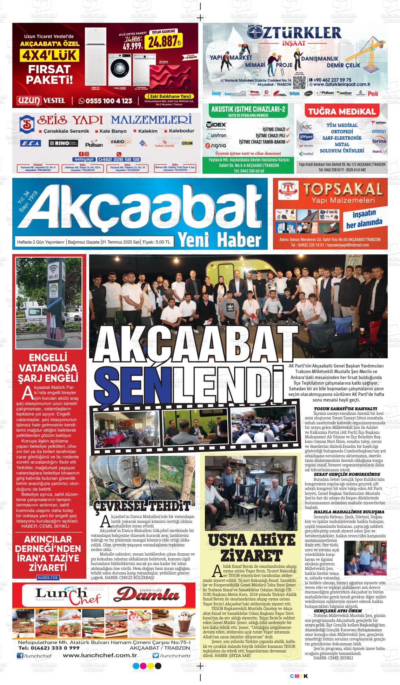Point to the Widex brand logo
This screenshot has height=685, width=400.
pyautogui.click(x=216, y=125)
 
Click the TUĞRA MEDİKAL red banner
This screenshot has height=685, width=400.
pyautogui.click(x=342, y=112)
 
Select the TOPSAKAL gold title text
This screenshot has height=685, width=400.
pyautogui.click(x=342, y=190)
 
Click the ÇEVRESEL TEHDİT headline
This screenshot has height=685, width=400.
pyautogui.click(x=142, y=506)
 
